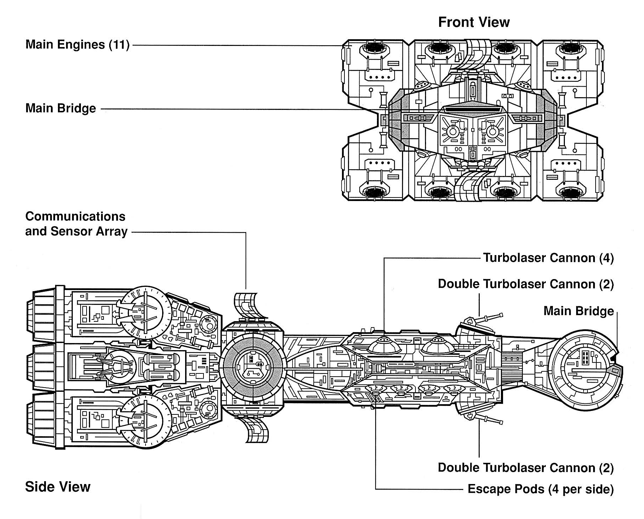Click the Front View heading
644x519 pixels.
(474, 22)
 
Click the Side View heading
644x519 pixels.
(58, 487)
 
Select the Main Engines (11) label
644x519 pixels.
(77, 45)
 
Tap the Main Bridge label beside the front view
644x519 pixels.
(60, 108)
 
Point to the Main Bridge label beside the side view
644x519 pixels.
(578, 311)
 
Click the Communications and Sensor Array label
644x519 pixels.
(76, 224)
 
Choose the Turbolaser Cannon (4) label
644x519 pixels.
(548, 258)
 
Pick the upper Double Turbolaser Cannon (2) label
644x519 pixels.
(526, 284)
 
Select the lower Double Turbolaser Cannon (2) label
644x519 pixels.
(526, 468)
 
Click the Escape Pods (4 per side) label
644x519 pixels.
(540, 489)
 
